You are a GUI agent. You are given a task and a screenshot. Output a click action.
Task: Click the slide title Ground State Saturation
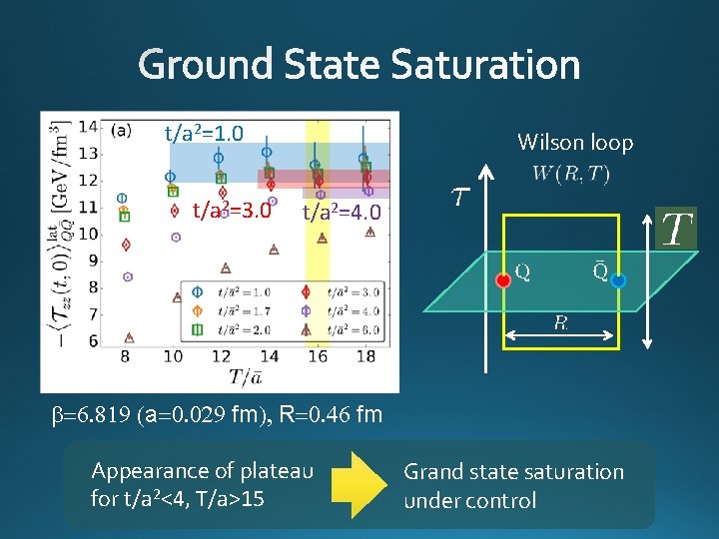pyautogui.click(x=359, y=66)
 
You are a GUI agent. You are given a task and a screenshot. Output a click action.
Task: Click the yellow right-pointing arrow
pyautogui.click(x=357, y=484)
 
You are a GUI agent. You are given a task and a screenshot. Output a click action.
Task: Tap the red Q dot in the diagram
pyautogui.click(x=503, y=279)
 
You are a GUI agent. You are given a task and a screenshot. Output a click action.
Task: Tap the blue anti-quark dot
pyautogui.click(x=618, y=281)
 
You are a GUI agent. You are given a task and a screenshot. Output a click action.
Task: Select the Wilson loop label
pyautogui.click(x=575, y=143)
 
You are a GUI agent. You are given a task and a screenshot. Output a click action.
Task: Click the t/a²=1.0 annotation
pyautogui.click(x=205, y=133)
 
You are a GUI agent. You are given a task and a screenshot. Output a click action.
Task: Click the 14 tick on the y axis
pyautogui.click(x=88, y=127)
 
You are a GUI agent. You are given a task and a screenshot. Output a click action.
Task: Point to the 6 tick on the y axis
pyautogui.click(x=93, y=340)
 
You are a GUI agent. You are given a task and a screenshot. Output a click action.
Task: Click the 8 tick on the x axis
pyautogui.click(x=125, y=356)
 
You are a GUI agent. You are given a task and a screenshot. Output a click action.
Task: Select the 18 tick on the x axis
pyautogui.click(x=365, y=356)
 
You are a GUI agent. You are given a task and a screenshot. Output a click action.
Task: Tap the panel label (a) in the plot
pyautogui.click(x=122, y=129)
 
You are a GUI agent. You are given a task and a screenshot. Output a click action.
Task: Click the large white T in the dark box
pyautogui.click(x=676, y=230)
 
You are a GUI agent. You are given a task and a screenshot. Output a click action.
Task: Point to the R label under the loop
pyautogui.click(x=562, y=321)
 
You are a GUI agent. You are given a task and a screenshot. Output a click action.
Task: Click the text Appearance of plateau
pyautogui.click(x=203, y=471)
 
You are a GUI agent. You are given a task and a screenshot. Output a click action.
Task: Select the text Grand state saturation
pyautogui.click(x=513, y=472)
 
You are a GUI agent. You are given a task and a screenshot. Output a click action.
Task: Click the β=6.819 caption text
pyautogui.click(x=218, y=414)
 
